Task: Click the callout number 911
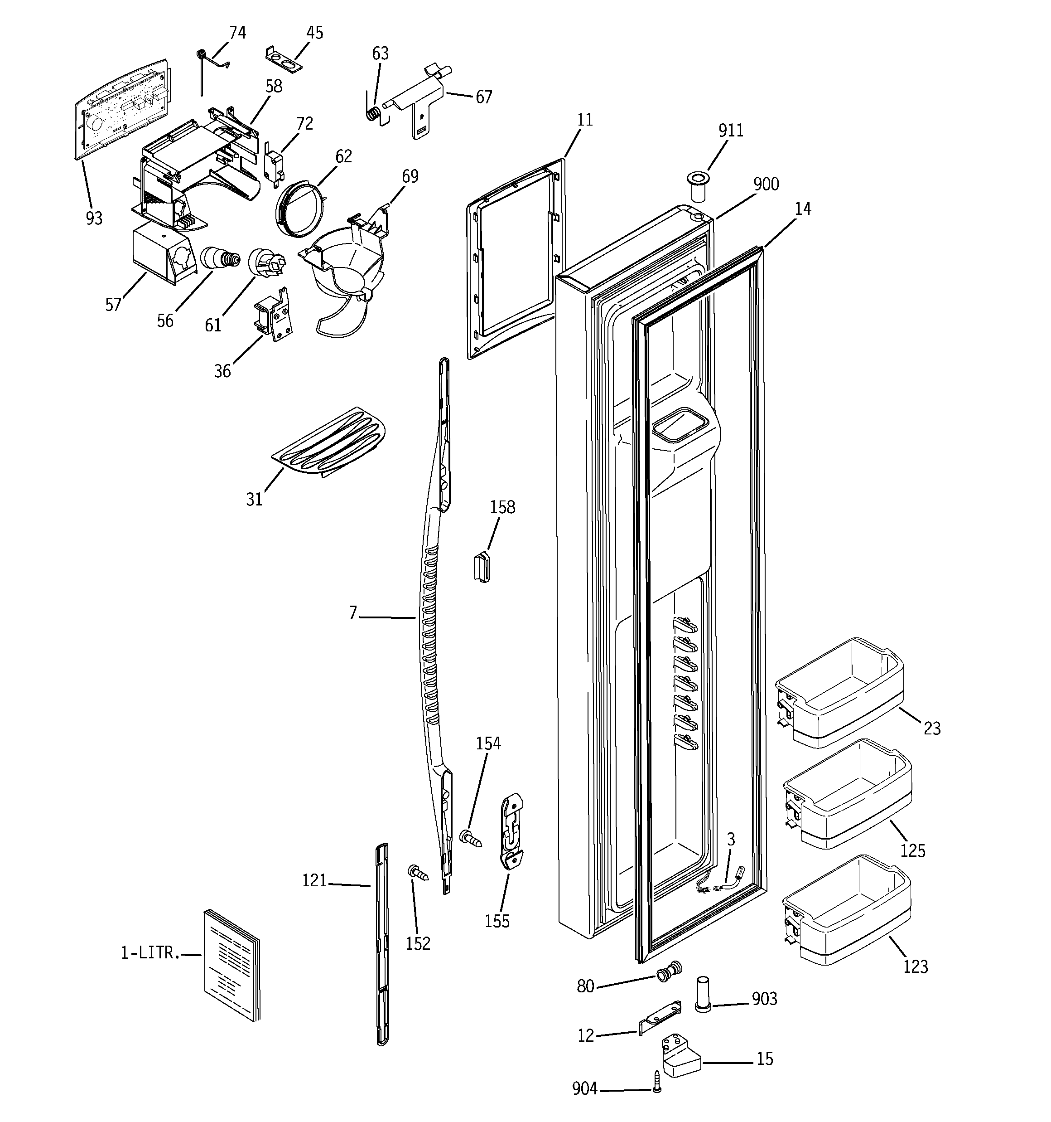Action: pos(731,131)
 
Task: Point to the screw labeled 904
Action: pos(657,1090)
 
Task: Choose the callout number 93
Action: pos(94,219)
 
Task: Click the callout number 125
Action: pos(912,850)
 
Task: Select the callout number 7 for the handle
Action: pos(353,612)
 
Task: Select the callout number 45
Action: pos(314,33)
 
